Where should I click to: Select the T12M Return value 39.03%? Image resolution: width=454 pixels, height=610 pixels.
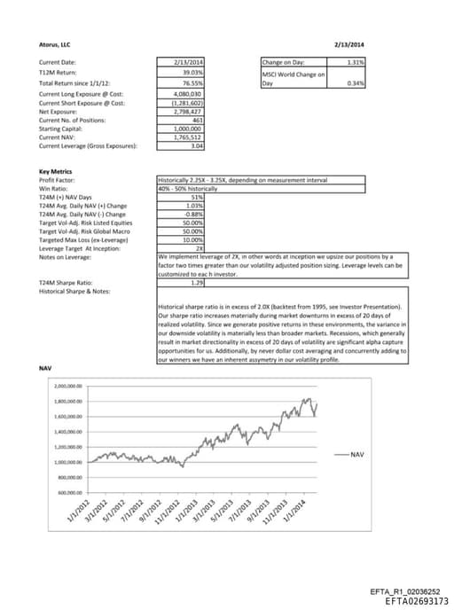tap(193, 71)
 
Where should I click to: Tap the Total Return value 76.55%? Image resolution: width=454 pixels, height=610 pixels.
tap(193, 82)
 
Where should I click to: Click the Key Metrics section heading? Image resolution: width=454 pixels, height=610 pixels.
tap(56, 171)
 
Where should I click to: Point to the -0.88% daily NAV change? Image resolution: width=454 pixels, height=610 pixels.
tap(192, 214)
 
